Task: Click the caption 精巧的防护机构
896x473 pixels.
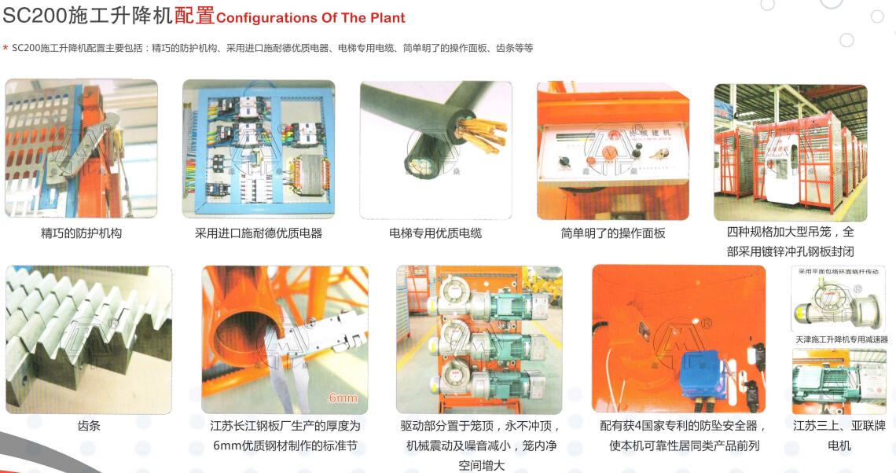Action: (81, 233)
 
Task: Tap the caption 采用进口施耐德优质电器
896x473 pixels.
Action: (259, 233)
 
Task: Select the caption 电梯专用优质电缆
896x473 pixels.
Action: (435, 233)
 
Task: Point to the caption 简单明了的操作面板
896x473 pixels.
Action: (613, 233)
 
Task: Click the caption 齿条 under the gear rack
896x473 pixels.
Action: (89, 426)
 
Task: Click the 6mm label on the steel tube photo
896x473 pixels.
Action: (343, 398)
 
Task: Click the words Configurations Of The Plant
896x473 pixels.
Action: (310, 18)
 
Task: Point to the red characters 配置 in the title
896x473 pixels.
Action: (194, 16)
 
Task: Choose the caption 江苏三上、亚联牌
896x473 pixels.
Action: (839, 426)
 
